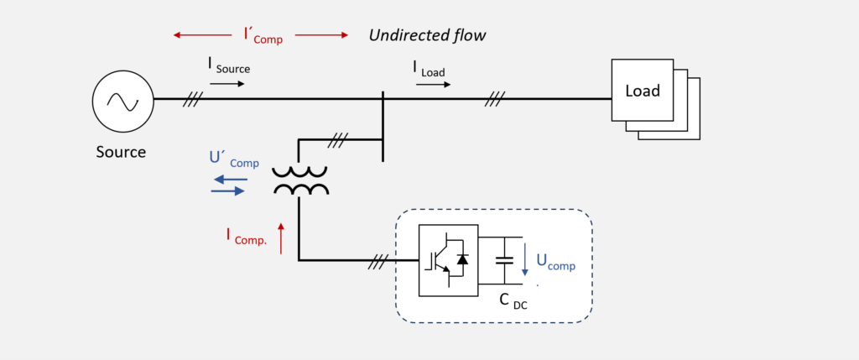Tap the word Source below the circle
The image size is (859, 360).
pos(121,152)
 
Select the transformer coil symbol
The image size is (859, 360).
pos(301,180)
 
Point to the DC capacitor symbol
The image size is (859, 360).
pos(504,260)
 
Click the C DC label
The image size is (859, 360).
pos(513,301)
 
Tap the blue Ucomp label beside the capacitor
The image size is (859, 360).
pos(555,262)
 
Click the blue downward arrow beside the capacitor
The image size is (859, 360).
pos(524,259)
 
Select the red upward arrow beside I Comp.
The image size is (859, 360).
pos(281,238)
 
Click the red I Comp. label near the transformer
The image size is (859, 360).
pos(247,236)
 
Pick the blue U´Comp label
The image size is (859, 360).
pos(234,159)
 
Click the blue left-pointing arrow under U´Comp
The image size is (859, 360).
pos(230,180)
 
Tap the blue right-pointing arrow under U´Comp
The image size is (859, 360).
pos(228,190)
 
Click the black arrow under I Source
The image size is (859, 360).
pos(227,84)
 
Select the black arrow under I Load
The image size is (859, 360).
pos(434,85)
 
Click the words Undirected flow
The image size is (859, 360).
pos(427,35)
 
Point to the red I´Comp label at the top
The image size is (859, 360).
pos(263,35)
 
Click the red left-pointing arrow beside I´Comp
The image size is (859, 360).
pos(202,35)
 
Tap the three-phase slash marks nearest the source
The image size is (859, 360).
pos(193,99)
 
